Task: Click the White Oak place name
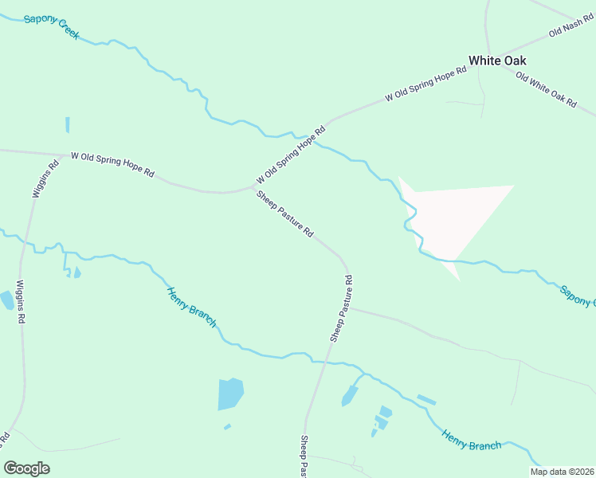(497, 61)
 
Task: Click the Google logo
(26, 468)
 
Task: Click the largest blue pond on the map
(229, 394)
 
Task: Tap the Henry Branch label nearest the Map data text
(472, 439)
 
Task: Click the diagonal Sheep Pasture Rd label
(284, 213)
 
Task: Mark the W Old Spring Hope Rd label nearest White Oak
(425, 84)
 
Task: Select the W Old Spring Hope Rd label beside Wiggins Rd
(112, 166)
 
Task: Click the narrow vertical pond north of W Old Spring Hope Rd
(68, 125)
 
